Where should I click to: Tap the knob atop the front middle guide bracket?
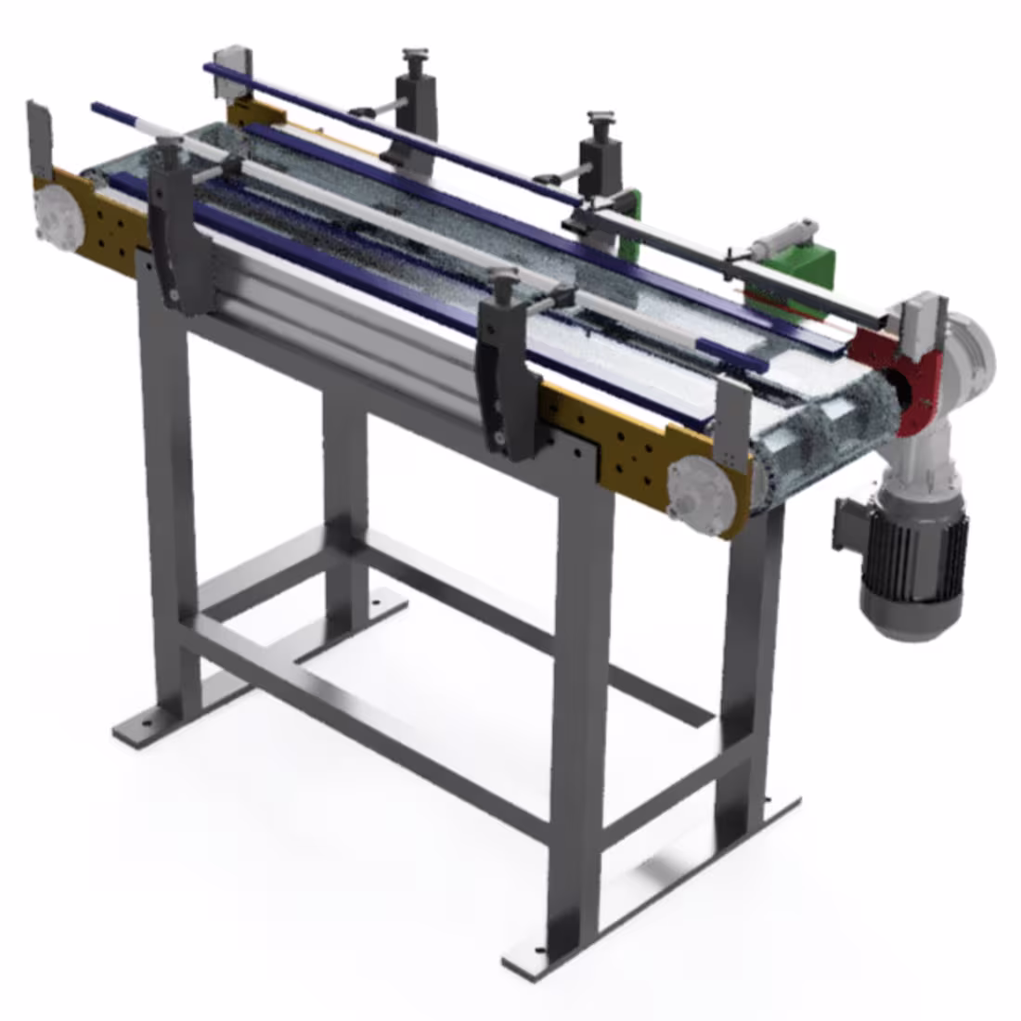tap(506, 278)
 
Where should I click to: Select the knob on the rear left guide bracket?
tap(412, 57)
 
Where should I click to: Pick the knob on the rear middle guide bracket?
tap(599, 119)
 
